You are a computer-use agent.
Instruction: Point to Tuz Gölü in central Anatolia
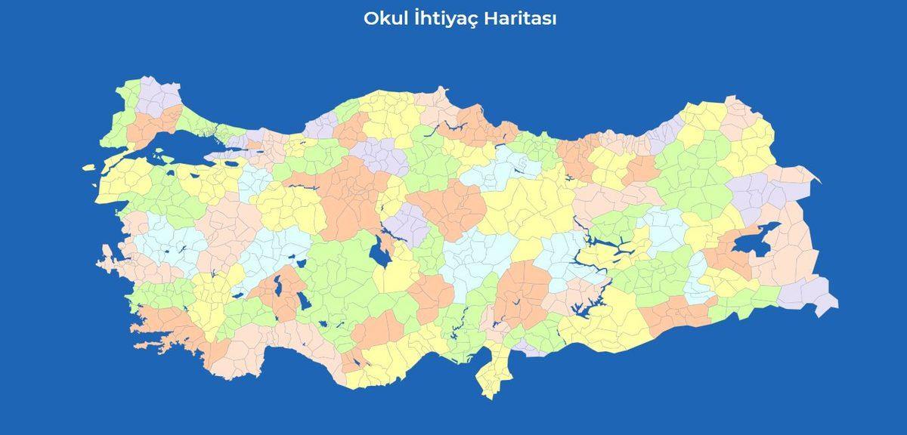pos(379,253)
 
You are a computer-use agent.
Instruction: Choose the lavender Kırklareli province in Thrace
pos(155,94)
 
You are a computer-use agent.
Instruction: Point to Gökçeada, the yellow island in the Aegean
pos(91,168)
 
